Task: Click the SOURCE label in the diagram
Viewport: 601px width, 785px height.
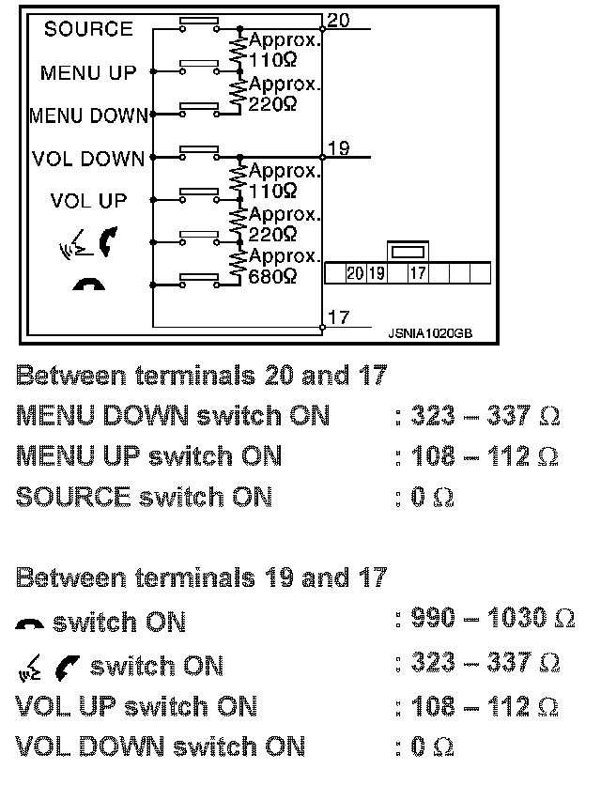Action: click(x=88, y=29)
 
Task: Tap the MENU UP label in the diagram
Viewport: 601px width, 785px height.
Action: click(x=88, y=72)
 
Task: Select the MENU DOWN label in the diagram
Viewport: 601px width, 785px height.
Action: click(x=88, y=116)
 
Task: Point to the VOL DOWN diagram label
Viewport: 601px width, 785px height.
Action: click(x=88, y=159)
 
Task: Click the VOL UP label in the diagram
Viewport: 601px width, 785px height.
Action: click(x=88, y=200)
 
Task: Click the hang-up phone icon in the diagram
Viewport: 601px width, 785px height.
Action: click(x=88, y=282)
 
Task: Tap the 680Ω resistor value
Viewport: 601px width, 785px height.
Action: click(x=273, y=277)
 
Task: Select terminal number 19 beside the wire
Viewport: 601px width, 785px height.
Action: click(x=339, y=147)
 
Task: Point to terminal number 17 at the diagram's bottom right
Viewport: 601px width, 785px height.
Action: click(x=339, y=318)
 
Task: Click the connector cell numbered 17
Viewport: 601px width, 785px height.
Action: click(x=419, y=274)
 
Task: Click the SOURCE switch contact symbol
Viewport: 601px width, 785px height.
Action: click(x=198, y=21)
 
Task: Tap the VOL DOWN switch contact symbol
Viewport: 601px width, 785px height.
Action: click(x=198, y=150)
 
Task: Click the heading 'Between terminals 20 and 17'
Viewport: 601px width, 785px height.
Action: click(x=201, y=377)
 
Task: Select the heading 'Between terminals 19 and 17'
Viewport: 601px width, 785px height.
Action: click(x=201, y=577)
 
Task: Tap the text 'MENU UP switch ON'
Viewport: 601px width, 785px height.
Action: click(x=149, y=456)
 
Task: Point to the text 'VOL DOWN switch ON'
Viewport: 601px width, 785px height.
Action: click(x=161, y=747)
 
